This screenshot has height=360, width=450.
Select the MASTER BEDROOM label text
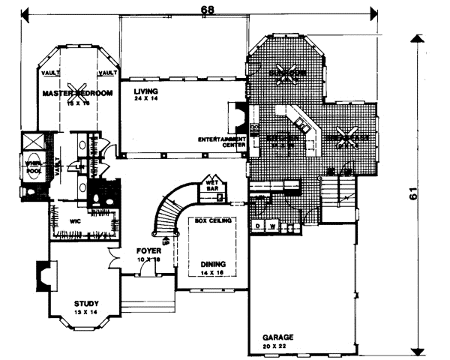click(77, 94)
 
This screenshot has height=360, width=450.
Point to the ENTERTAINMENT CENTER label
click(223, 142)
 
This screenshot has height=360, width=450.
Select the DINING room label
click(213, 264)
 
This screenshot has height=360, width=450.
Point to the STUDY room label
click(86, 304)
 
